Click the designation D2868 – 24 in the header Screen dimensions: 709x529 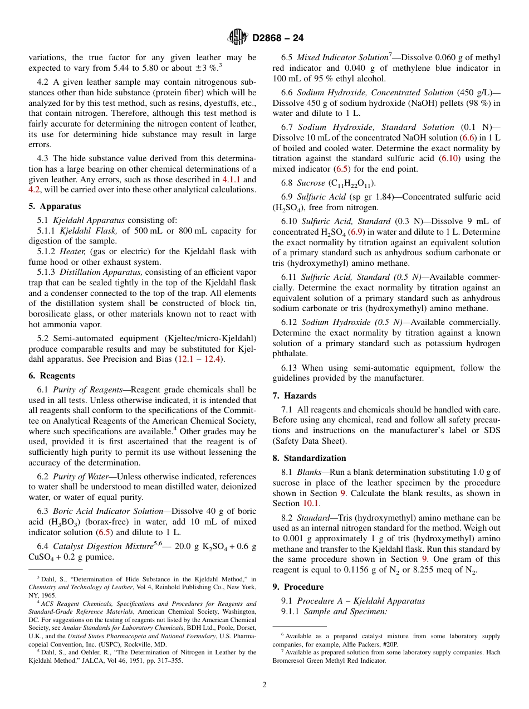(x=278, y=38)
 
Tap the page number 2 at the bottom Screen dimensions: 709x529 (x=264, y=684)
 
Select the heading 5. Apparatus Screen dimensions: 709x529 (x=55, y=206)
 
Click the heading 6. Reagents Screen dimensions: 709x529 (x=52, y=376)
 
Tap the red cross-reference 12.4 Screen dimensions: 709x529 (x=212, y=359)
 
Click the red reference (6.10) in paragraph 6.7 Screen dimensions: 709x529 (x=450, y=159)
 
